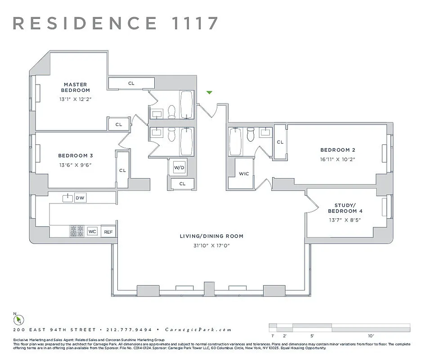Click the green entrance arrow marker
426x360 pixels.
(209, 93)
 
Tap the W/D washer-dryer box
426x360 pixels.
(179, 168)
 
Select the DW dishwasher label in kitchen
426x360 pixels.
(80, 198)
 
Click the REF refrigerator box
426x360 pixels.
(108, 232)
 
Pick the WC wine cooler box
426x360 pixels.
(92, 232)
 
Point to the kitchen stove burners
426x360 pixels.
(77, 231)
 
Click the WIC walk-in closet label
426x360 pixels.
(244, 174)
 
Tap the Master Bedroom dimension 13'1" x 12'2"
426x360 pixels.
(75, 99)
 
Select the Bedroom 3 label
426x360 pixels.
(75, 156)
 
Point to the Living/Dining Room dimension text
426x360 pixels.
(211, 245)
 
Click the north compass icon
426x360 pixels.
(18, 319)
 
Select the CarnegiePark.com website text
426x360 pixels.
(198, 329)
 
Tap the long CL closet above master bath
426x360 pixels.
(131, 83)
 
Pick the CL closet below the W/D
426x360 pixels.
(182, 184)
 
